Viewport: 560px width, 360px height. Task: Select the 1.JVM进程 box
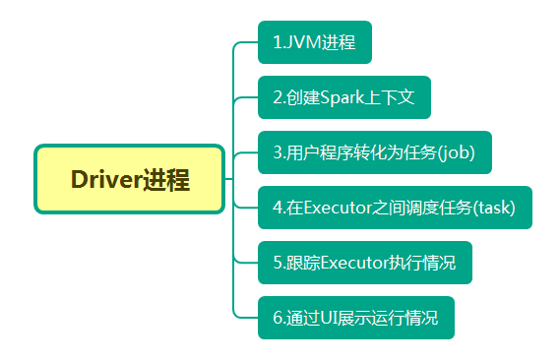315,42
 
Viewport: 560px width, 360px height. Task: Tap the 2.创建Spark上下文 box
343,97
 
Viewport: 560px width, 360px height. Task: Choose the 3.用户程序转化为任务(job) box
374,152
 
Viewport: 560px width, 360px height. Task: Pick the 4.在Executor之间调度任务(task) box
395,208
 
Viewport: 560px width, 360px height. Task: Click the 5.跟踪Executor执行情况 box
364,263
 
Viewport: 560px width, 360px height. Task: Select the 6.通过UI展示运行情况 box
356,318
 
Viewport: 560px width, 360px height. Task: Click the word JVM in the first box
301,42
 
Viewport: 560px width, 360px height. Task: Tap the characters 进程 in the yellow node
164,181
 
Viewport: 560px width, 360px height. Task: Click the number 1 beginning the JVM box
277,42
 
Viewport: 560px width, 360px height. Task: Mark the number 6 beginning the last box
278,318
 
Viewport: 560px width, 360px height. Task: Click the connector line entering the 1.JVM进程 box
246,42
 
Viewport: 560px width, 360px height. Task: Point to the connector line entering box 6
246,317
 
